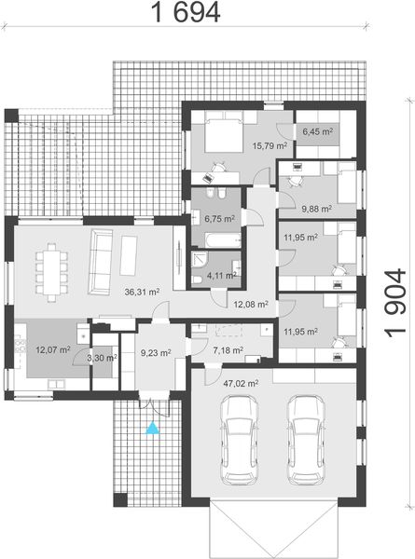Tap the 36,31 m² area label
(x=142, y=291)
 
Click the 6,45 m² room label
(x=317, y=132)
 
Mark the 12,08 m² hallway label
(x=250, y=304)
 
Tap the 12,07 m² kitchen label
(x=52, y=350)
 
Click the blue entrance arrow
(x=151, y=428)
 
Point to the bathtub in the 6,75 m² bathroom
(x=217, y=240)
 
